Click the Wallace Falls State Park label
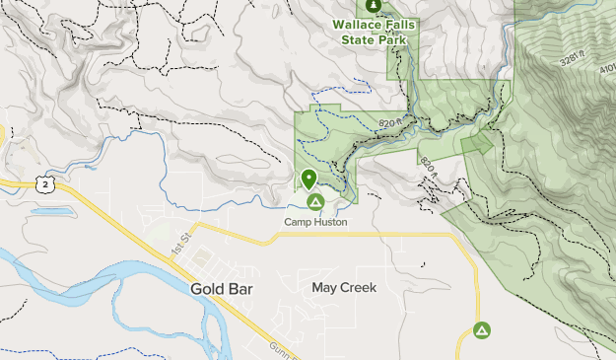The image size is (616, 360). coord(374,33)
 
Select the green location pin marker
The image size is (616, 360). coord(309,180)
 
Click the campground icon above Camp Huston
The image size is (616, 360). coord(315,203)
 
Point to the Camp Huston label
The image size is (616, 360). coord(315,222)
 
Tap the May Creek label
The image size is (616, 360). coord(344,288)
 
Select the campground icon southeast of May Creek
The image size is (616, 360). coord(482,330)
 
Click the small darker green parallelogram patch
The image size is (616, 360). coord(477,143)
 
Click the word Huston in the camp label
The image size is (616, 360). coord(331,222)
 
